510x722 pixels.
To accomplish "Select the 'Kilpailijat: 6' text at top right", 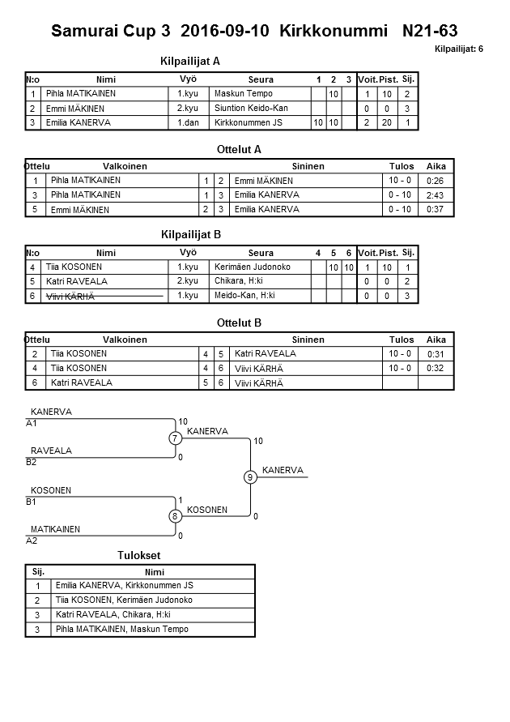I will [458, 49].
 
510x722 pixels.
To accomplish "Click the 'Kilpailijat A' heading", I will [191, 61].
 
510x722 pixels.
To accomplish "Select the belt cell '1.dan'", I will [189, 122].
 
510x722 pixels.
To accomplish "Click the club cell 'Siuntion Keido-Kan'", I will [251, 109].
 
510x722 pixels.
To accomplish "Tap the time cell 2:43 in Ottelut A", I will [435, 195].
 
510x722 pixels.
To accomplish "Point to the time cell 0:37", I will [435, 209].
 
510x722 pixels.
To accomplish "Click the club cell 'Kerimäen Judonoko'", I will [252, 267].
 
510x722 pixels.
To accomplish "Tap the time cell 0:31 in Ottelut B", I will [436, 354].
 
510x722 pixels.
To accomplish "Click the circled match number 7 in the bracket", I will [176, 438].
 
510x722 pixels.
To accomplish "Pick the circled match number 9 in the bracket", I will [251, 477].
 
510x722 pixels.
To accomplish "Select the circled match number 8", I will [175, 516].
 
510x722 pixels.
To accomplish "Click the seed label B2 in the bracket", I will [32, 462].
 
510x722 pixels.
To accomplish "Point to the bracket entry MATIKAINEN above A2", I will [55, 529].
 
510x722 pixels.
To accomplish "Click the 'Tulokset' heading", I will [139, 556].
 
